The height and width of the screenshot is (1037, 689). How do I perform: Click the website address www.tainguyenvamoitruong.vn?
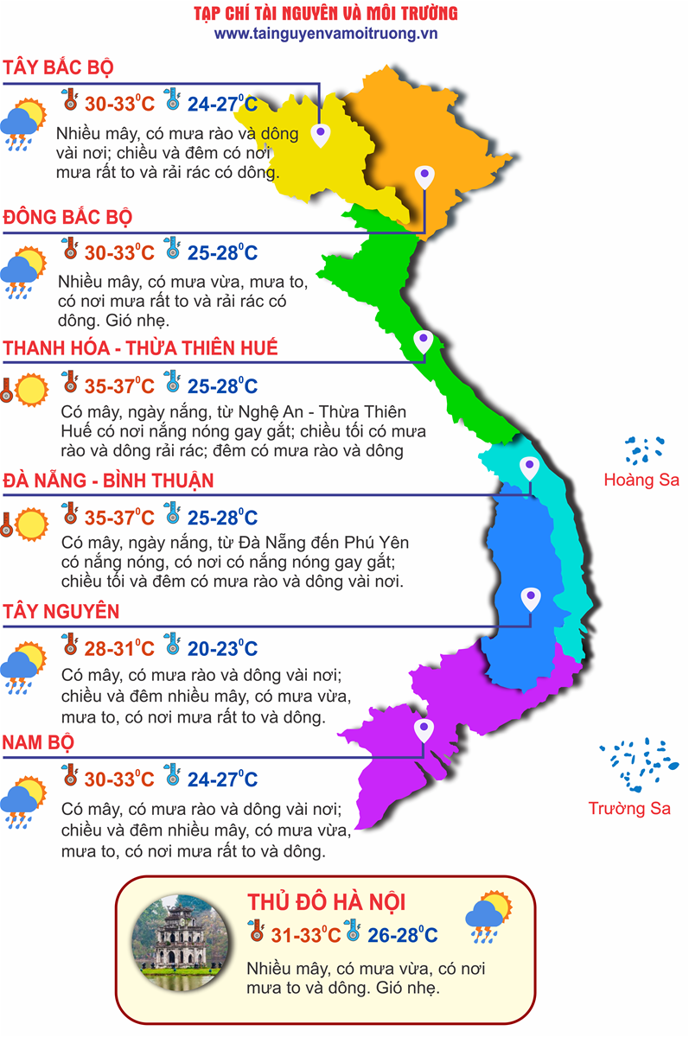pyautogui.click(x=326, y=33)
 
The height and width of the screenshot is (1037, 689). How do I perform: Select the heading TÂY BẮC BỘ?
pyautogui.click(x=59, y=68)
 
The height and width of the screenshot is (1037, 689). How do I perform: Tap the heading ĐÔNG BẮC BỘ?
pyautogui.click(x=68, y=216)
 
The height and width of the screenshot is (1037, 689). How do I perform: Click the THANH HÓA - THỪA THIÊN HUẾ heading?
pyautogui.click(x=141, y=348)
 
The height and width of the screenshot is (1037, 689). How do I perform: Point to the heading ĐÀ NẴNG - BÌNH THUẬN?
pyautogui.click(x=108, y=480)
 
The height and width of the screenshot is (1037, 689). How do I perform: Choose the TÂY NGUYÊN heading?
pyautogui.click(x=61, y=612)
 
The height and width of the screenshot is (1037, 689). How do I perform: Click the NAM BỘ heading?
pyautogui.click(x=38, y=742)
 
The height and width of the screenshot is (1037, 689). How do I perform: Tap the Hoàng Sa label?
pyautogui.click(x=641, y=480)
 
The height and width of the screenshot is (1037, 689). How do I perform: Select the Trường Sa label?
pyautogui.click(x=629, y=809)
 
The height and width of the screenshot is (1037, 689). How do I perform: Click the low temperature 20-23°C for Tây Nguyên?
pyautogui.click(x=222, y=649)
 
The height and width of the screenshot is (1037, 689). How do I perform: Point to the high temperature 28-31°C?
pyautogui.click(x=119, y=649)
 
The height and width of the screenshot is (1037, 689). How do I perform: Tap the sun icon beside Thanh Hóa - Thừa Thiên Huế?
pyautogui.click(x=31, y=389)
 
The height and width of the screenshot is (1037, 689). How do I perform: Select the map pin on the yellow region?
pyautogui.click(x=321, y=133)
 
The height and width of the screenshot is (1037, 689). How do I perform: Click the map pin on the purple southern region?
pyautogui.click(x=424, y=730)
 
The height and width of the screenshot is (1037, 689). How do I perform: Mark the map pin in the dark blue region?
pyautogui.click(x=530, y=597)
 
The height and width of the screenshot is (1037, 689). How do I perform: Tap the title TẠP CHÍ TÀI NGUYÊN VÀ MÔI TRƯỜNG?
pyautogui.click(x=326, y=14)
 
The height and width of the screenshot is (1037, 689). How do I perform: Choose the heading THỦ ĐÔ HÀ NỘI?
pyautogui.click(x=326, y=903)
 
